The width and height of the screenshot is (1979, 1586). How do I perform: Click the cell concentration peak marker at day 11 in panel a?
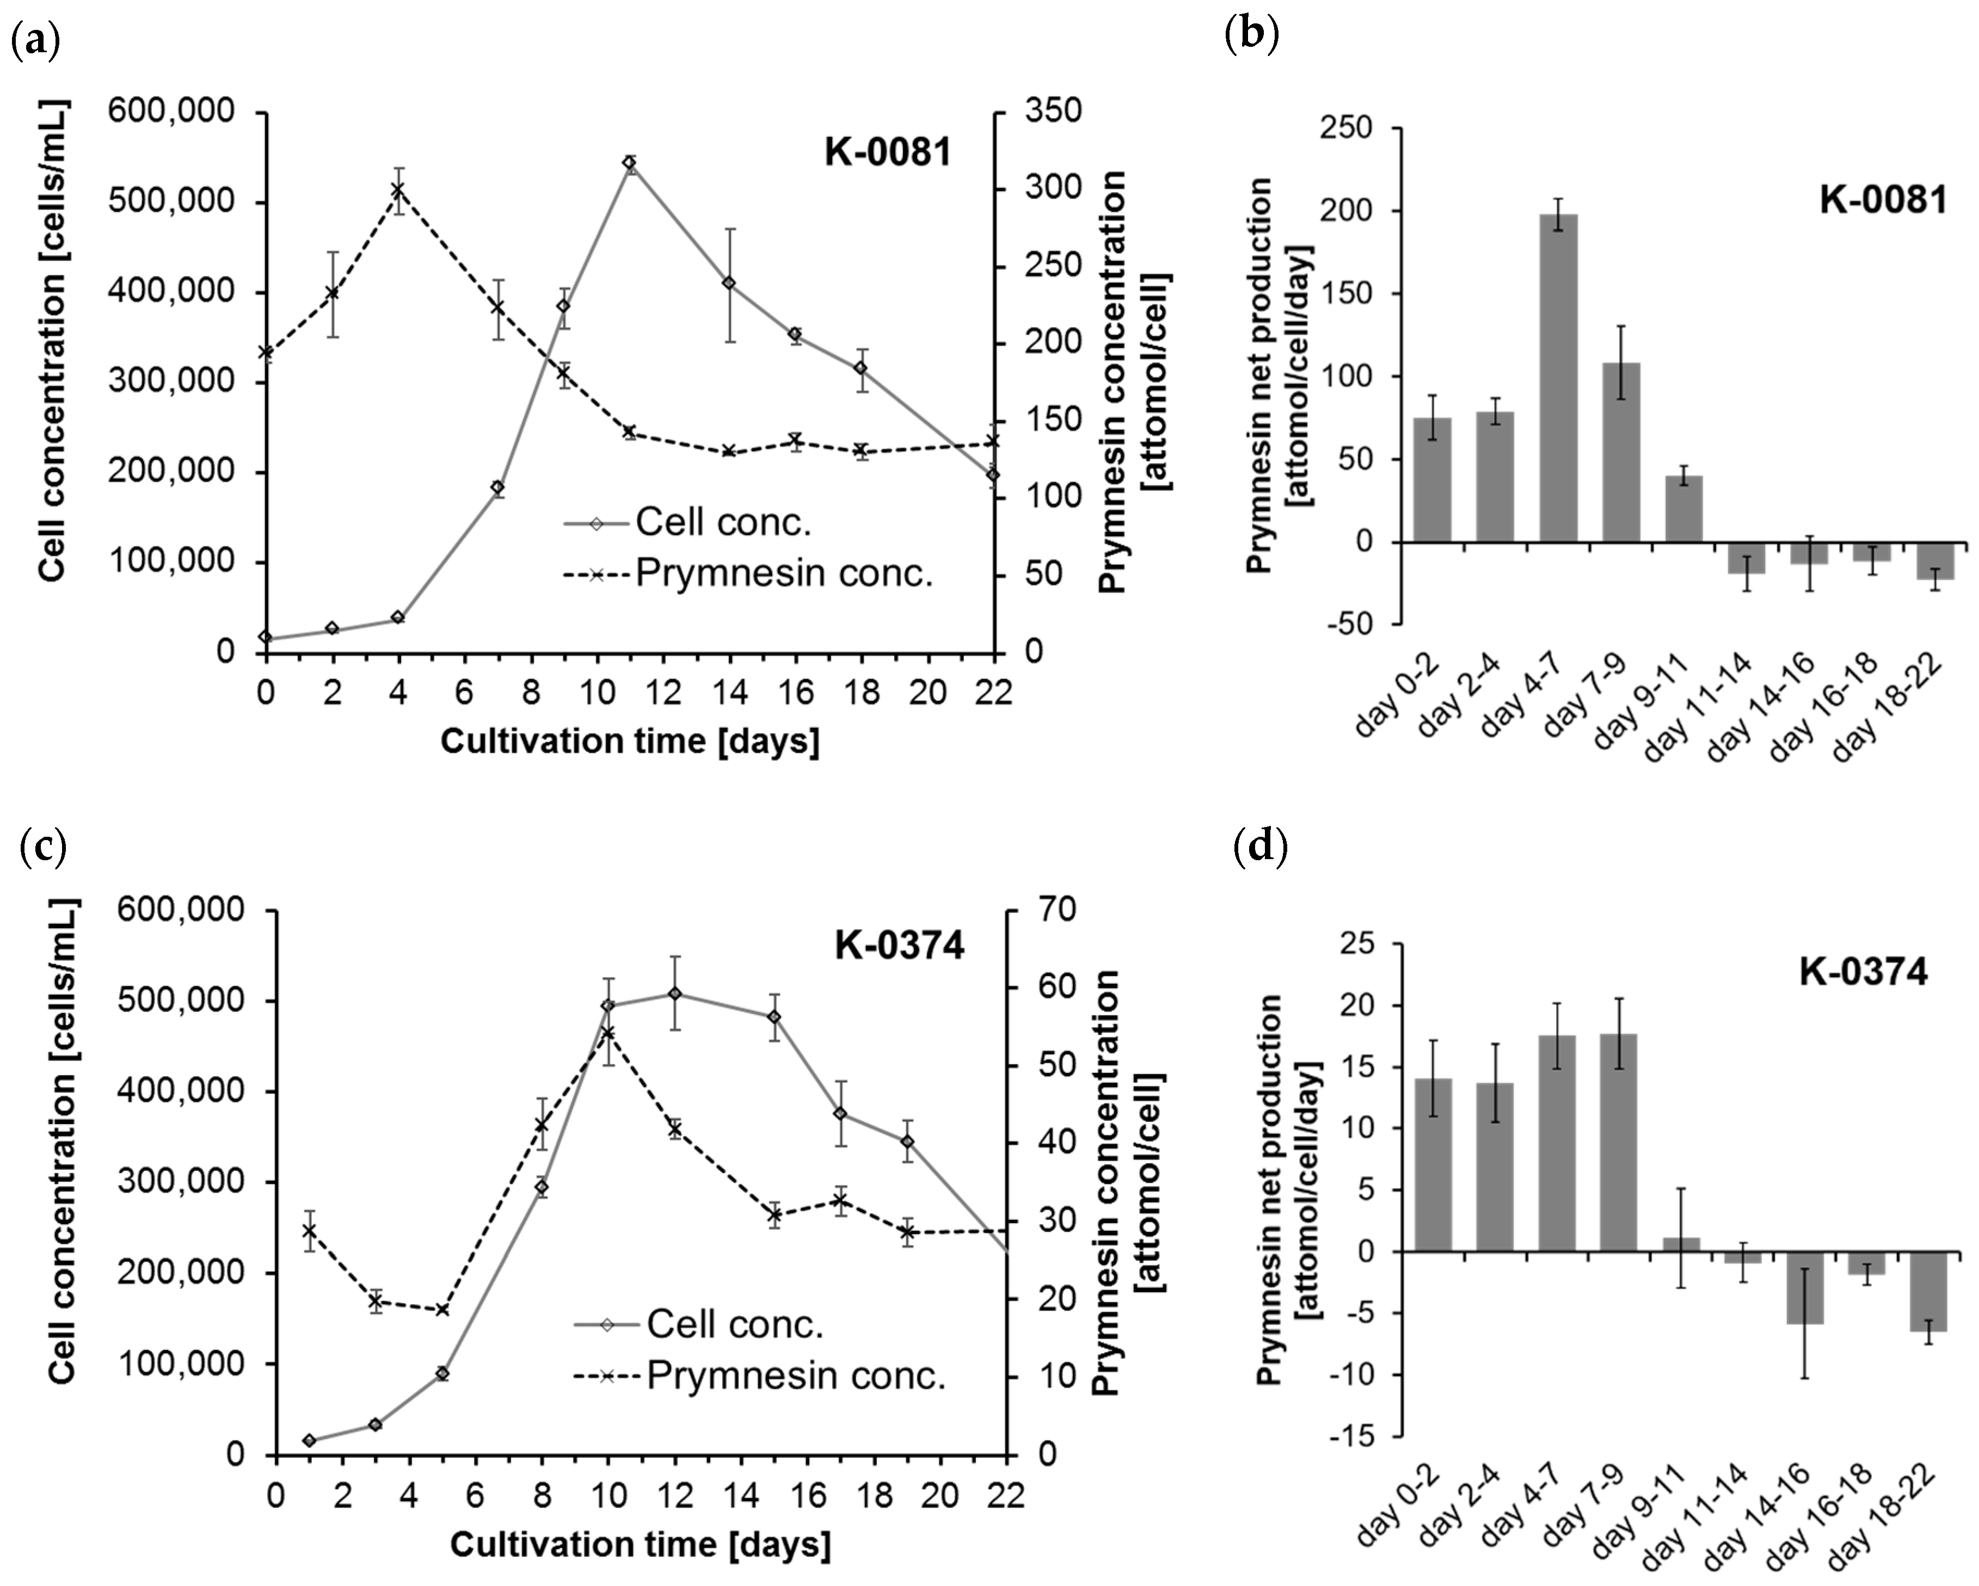click(629, 163)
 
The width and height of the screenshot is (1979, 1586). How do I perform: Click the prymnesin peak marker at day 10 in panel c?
click(607, 1033)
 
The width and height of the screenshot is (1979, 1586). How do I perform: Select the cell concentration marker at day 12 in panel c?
click(675, 994)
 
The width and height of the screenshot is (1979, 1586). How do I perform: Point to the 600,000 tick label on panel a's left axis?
click(171, 112)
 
